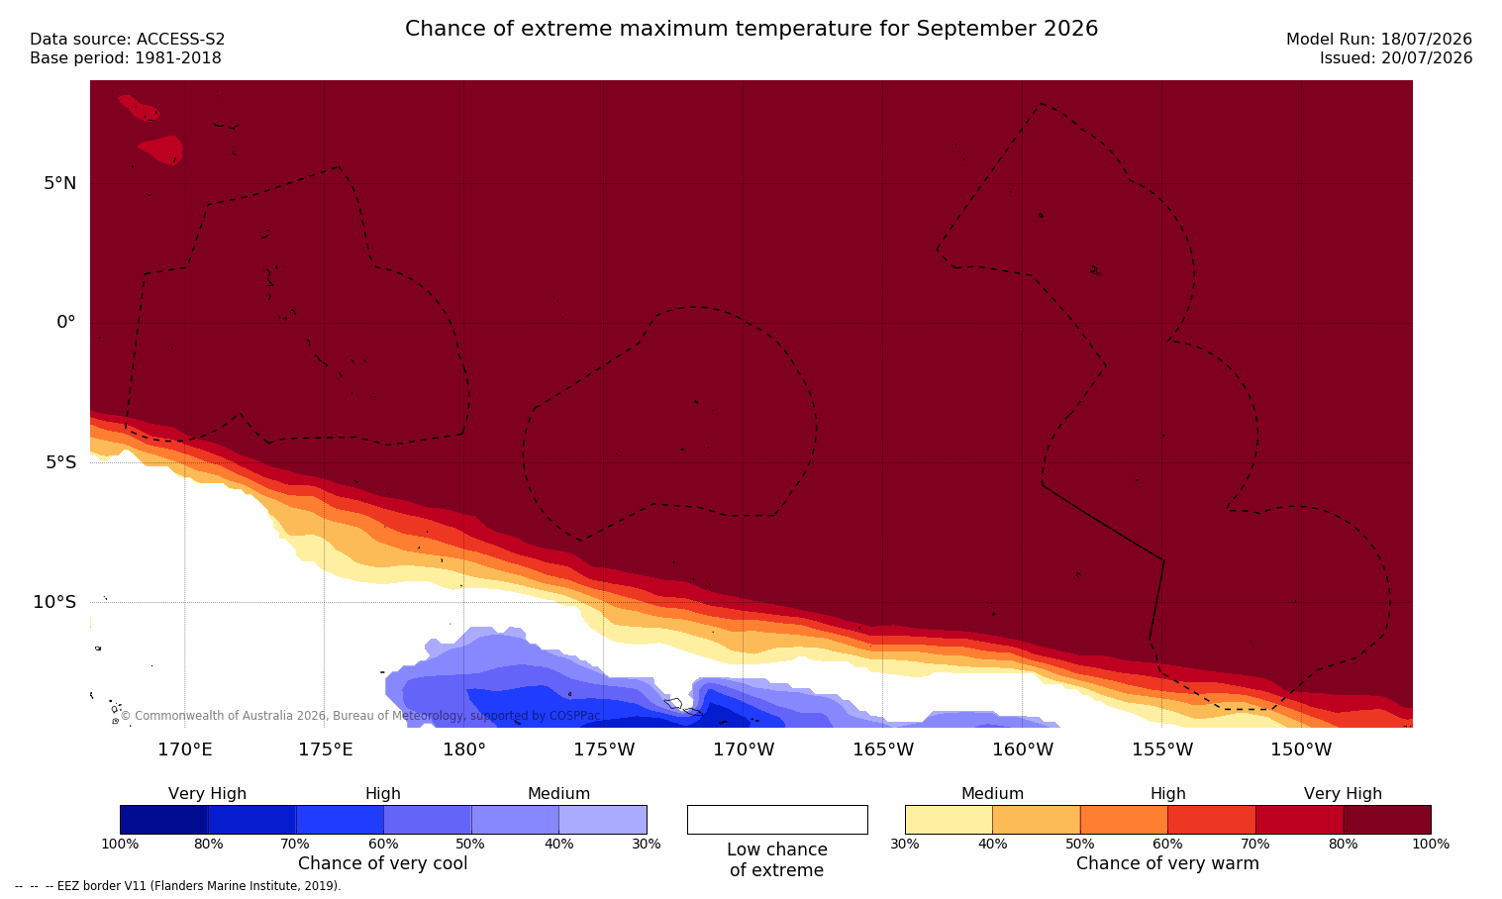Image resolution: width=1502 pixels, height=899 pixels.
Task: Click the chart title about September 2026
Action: (x=751, y=29)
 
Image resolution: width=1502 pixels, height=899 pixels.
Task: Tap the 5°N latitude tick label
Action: (x=60, y=183)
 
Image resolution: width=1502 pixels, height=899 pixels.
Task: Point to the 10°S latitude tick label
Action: (x=54, y=602)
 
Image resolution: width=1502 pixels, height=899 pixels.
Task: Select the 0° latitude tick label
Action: (x=65, y=323)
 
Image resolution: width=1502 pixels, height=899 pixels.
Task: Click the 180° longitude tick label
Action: (x=464, y=749)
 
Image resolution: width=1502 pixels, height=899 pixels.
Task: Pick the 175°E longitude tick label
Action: (x=325, y=749)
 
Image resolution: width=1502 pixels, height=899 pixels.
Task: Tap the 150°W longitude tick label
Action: (x=1302, y=749)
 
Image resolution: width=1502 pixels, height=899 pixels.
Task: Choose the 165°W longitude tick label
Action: (x=883, y=749)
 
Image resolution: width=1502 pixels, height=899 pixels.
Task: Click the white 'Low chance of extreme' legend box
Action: (x=777, y=820)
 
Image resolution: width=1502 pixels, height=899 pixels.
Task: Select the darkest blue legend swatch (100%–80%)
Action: (x=164, y=820)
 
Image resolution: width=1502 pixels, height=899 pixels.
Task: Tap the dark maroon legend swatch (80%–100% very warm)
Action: (x=1387, y=820)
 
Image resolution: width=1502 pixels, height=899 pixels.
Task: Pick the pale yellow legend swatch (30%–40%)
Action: (x=949, y=820)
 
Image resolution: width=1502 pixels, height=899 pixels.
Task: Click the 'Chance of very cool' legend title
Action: (x=383, y=863)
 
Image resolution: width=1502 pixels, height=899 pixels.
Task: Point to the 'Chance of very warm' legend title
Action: (x=1167, y=863)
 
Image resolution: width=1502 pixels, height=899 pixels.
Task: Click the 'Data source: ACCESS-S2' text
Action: (x=128, y=40)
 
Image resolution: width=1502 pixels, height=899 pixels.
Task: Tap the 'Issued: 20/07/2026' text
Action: (x=1396, y=58)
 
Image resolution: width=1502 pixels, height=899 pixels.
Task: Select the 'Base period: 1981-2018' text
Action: (x=126, y=58)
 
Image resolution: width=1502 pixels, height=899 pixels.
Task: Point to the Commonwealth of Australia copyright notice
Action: (x=360, y=716)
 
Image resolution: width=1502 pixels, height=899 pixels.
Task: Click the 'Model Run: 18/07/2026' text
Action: (x=1379, y=40)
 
